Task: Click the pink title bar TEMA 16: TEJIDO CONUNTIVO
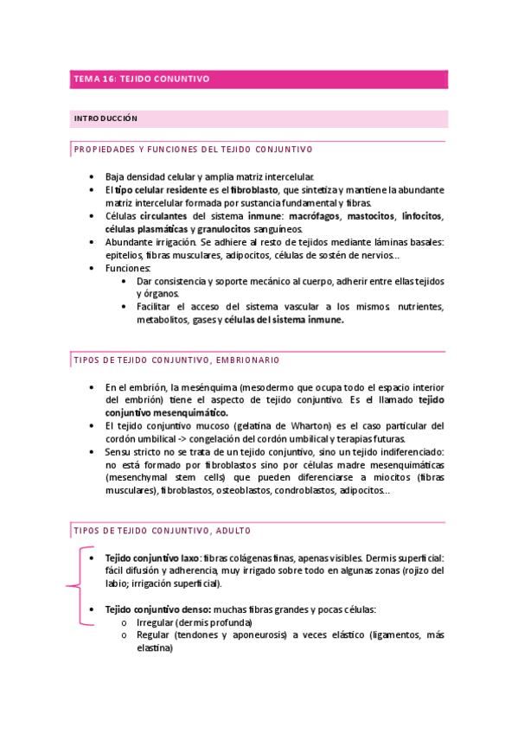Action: click(x=259, y=79)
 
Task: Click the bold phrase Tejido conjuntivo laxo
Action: click(x=153, y=558)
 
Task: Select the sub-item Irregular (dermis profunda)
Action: click(x=194, y=622)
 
